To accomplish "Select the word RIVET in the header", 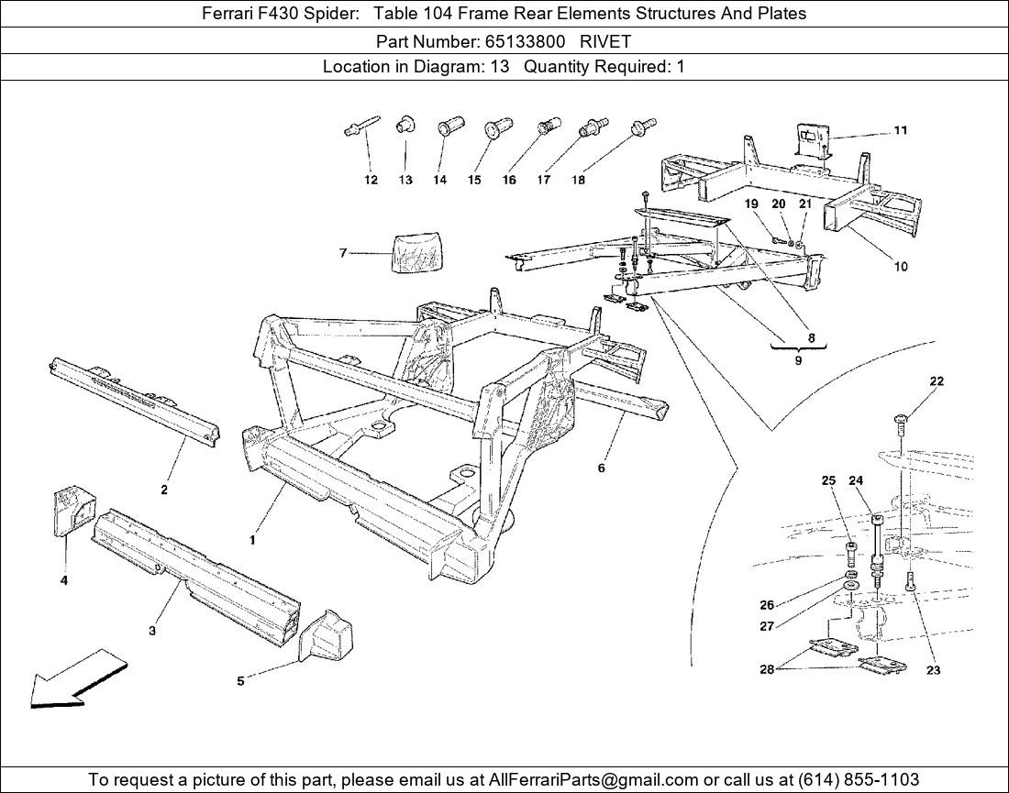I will click(x=605, y=41).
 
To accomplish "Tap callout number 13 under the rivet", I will click(x=405, y=181).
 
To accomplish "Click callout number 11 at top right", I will click(x=901, y=130).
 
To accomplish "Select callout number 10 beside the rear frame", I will click(x=901, y=267).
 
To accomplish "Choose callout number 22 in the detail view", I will click(x=937, y=381).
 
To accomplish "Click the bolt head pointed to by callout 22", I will click(x=901, y=420).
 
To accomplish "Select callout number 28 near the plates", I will click(x=767, y=669).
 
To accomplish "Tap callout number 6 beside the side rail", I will click(x=602, y=468).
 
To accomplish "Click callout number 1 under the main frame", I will click(x=253, y=541).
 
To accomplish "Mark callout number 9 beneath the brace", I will click(x=798, y=361).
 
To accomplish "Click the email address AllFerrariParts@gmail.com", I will click(x=577, y=779).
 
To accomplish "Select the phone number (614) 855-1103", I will click(x=859, y=779).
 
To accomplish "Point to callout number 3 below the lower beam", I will click(x=152, y=631).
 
